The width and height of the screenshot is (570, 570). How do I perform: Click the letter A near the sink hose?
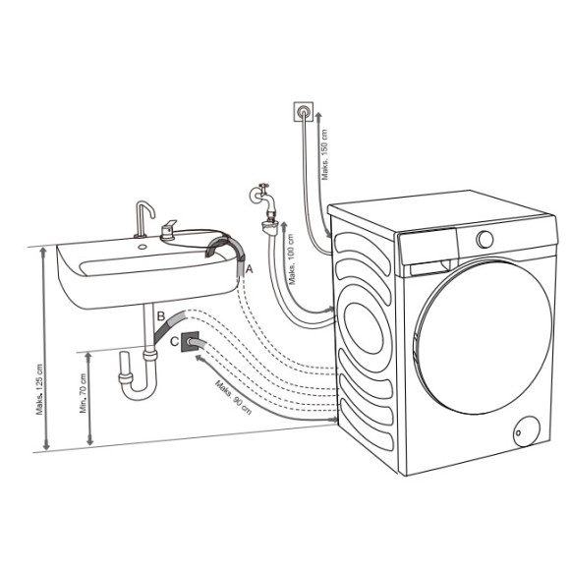pyautogui.click(x=249, y=267)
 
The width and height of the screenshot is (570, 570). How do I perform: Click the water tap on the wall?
pyautogui.click(x=259, y=194)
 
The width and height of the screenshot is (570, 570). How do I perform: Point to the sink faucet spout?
pyautogui.click(x=142, y=213)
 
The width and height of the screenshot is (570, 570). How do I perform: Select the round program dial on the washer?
pyautogui.click(x=484, y=239)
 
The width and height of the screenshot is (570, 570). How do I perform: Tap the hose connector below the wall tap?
pyautogui.click(x=265, y=228)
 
